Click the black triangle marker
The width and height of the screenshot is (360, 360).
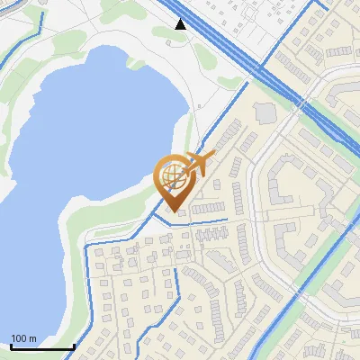(181, 24)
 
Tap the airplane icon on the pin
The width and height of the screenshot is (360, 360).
(199, 164)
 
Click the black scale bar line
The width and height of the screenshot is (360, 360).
(41, 347)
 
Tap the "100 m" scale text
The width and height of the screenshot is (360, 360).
(23, 338)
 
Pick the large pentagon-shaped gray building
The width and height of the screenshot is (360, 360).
(267, 113)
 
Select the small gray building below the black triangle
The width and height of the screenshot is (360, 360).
(180, 39)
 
